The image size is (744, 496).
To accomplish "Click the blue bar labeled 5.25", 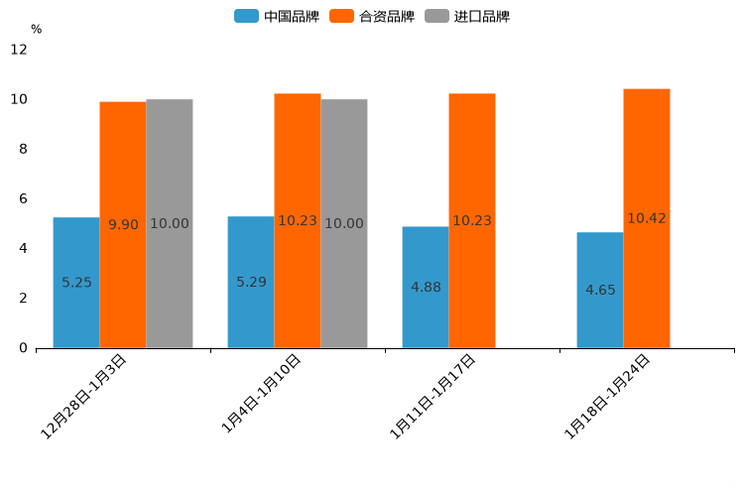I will click(76, 283).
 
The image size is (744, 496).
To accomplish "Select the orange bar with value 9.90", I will click(123, 225).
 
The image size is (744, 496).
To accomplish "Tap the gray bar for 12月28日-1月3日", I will click(169, 224).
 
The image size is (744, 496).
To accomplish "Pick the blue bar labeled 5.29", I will click(251, 282).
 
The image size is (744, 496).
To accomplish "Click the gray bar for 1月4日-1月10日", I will click(344, 224).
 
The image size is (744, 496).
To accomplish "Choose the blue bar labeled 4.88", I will click(425, 287).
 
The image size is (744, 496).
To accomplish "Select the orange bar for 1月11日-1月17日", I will click(472, 221).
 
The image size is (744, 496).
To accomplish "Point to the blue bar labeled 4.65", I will click(600, 290).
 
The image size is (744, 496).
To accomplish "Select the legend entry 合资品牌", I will click(386, 16).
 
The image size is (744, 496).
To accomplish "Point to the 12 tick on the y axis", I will click(19, 50).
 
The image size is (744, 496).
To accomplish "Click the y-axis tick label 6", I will click(23, 199).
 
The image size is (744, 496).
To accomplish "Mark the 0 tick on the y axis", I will click(23, 348).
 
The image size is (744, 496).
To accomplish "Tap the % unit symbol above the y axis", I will click(36, 29).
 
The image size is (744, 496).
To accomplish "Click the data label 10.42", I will click(647, 218).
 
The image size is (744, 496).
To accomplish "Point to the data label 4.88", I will click(425, 287).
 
